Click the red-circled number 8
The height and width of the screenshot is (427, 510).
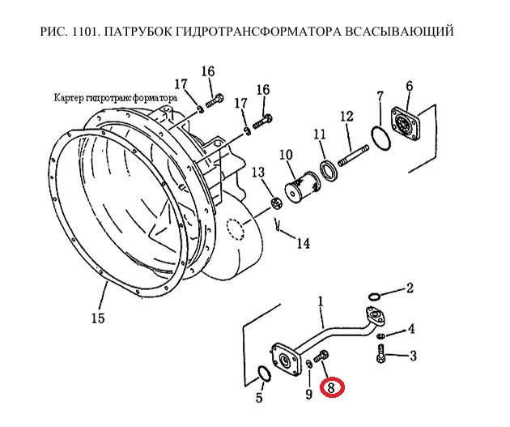click(x=332, y=387)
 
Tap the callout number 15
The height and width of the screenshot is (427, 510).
click(x=98, y=318)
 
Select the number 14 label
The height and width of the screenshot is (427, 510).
click(x=303, y=243)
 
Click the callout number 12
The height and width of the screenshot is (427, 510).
click(x=346, y=116)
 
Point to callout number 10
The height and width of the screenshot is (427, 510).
click(x=286, y=155)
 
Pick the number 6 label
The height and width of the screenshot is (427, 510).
click(x=409, y=86)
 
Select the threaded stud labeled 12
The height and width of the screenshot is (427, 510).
click(x=354, y=156)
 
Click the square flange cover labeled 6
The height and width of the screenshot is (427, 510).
click(x=406, y=124)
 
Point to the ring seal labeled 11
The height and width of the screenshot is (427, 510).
click(x=329, y=170)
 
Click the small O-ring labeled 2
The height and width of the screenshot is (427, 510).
click(x=374, y=297)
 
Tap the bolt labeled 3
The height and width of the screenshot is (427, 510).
click(x=380, y=354)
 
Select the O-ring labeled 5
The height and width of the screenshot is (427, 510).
click(x=264, y=374)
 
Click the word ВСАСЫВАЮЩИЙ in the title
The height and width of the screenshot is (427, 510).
click(x=398, y=32)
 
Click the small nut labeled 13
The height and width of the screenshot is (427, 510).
click(x=277, y=205)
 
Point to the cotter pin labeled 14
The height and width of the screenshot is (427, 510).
click(x=278, y=224)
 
